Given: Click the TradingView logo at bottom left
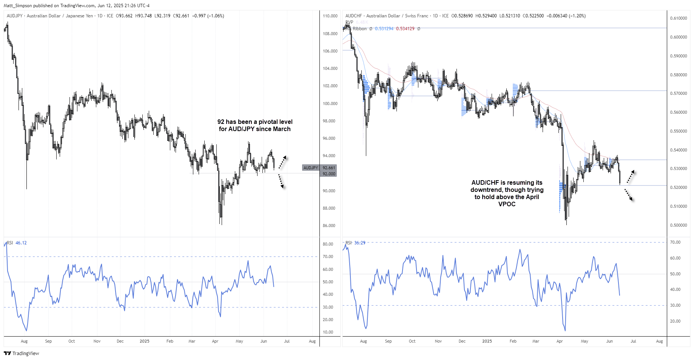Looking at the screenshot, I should pyautogui.click(x=21, y=353).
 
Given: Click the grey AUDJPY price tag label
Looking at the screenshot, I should pyautogui.click(x=311, y=168).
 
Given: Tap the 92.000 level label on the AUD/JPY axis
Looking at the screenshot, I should pyautogui.click(x=329, y=174).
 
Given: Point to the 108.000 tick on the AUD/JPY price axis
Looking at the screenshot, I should pyautogui.click(x=330, y=34).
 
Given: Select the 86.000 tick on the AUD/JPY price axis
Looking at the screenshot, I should pyautogui.click(x=329, y=226).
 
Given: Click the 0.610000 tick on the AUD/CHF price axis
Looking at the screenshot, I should pyautogui.click(x=678, y=18).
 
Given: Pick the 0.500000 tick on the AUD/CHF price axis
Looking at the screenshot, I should pyautogui.click(x=678, y=225).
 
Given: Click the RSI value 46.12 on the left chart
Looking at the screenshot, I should pyautogui.click(x=21, y=243).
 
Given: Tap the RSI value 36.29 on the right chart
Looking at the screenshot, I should pyautogui.click(x=360, y=243).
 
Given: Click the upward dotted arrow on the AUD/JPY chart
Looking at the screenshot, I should pyautogui.click(x=282, y=162).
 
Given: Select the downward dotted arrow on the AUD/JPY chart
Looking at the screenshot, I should pyautogui.click(x=281, y=181).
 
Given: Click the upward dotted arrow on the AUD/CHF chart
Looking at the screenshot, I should pyautogui.click(x=631, y=177).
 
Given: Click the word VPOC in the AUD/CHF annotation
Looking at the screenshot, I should pyautogui.click(x=507, y=204).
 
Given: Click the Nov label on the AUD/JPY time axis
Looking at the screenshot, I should pyautogui.click(x=97, y=341).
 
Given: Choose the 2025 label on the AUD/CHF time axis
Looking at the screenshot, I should pyautogui.click(x=487, y=341).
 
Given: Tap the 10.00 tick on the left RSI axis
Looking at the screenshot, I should pyautogui.click(x=328, y=332).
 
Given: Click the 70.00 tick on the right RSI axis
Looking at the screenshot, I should pyautogui.click(x=675, y=242).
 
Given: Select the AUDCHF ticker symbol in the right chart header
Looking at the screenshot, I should pyautogui.click(x=353, y=16).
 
